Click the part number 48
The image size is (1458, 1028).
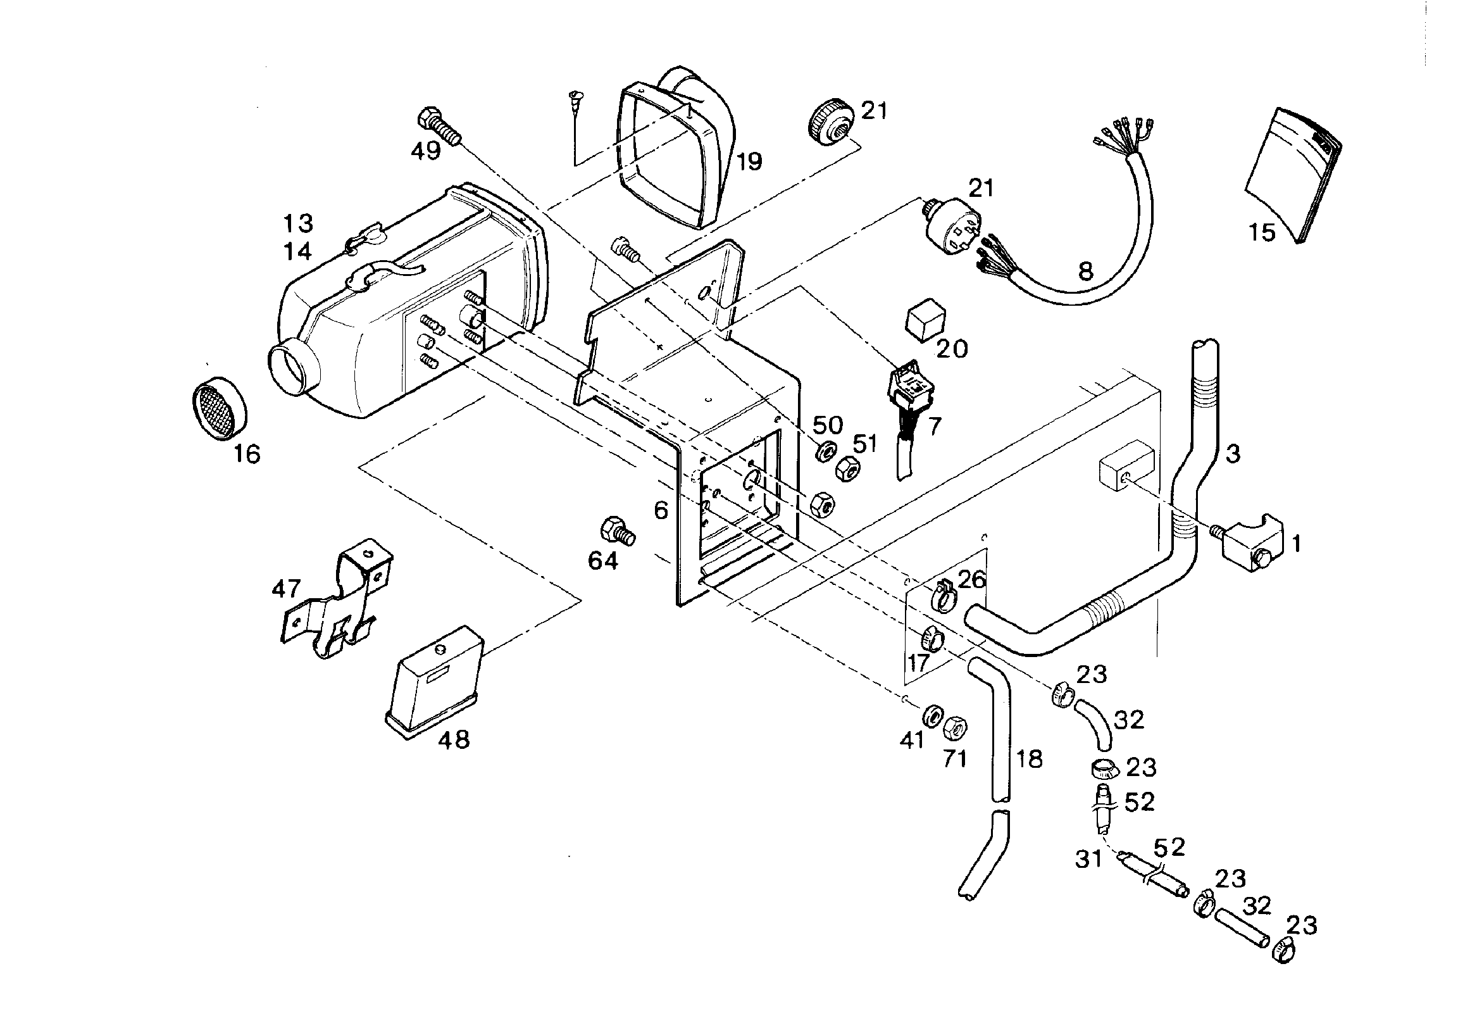tap(454, 739)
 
